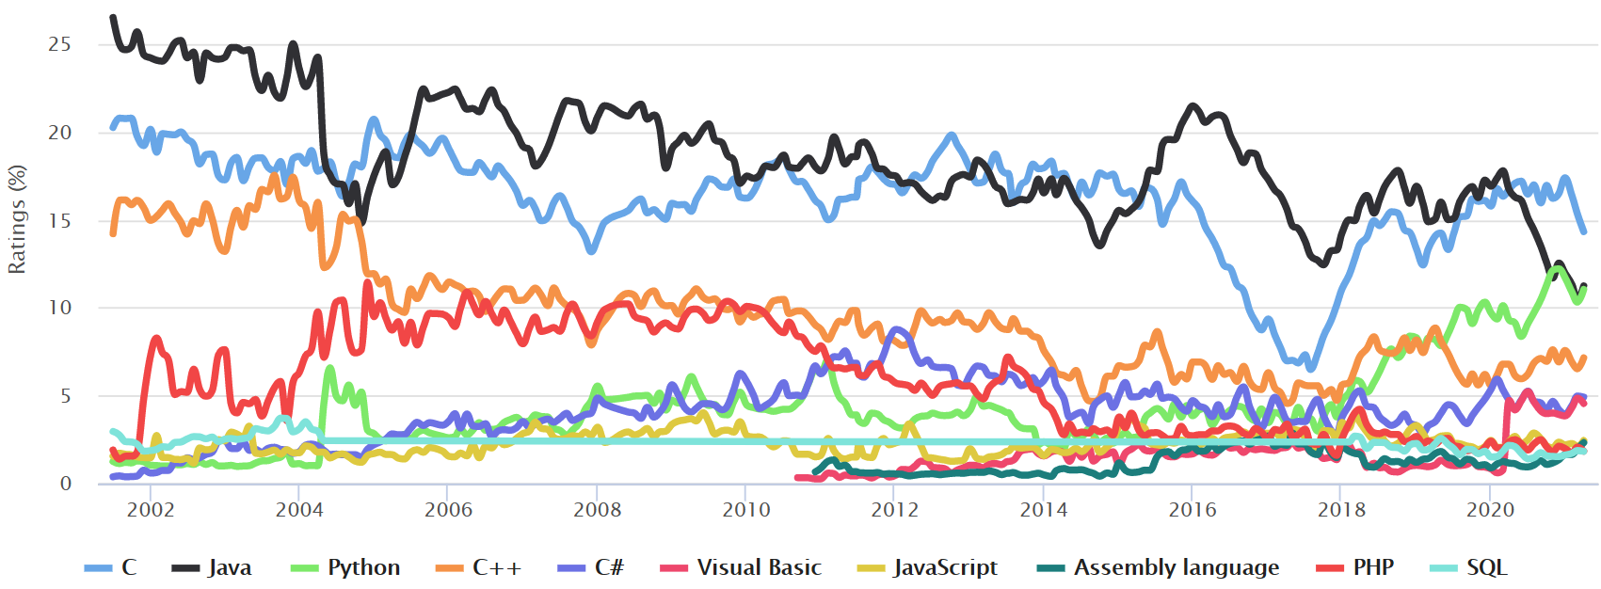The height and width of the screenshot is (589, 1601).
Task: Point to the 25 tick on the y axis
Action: pos(59,44)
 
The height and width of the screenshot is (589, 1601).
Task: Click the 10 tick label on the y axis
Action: pos(59,308)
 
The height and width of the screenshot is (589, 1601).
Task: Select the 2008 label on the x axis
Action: pos(597,510)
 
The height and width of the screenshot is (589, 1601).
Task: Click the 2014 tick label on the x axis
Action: pos(1043,510)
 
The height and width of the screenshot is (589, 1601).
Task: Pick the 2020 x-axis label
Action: pos(1490,510)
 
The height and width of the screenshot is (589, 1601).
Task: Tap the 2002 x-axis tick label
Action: pos(151,510)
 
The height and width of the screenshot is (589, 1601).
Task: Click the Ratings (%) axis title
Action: pos(16,220)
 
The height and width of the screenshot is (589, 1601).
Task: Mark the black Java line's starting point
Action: pos(113,17)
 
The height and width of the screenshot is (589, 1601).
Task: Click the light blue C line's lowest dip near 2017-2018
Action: pos(1310,368)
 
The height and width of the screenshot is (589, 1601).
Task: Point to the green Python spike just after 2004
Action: pos(329,369)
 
